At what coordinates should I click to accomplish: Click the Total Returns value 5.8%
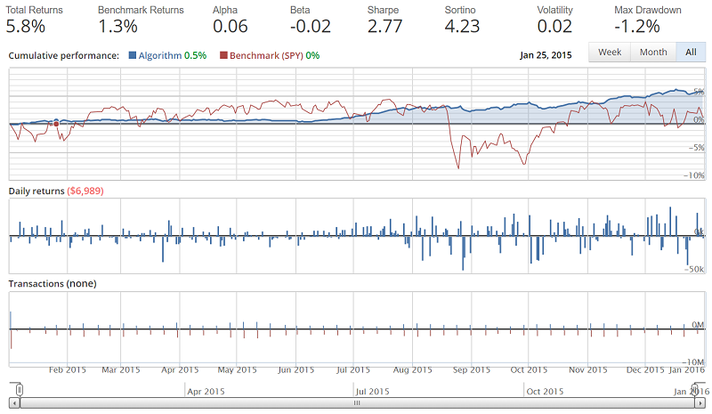tap(28, 26)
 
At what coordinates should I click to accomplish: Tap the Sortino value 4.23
tap(466, 26)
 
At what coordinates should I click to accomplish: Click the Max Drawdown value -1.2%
tap(638, 26)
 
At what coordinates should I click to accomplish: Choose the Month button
tap(653, 53)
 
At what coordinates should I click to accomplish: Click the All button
tap(690, 53)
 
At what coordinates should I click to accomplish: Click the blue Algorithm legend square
tap(133, 55)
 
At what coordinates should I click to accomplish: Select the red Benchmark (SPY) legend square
tap(223, 55)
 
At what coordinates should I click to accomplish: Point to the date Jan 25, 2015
tap(546, 54)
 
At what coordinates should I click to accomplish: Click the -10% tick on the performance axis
tap(692, 176)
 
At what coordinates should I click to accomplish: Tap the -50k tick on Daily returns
tap(694, 267)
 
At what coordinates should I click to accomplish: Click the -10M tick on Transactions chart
tap(693, 361)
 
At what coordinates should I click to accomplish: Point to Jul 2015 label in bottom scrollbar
tap(372, 391)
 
